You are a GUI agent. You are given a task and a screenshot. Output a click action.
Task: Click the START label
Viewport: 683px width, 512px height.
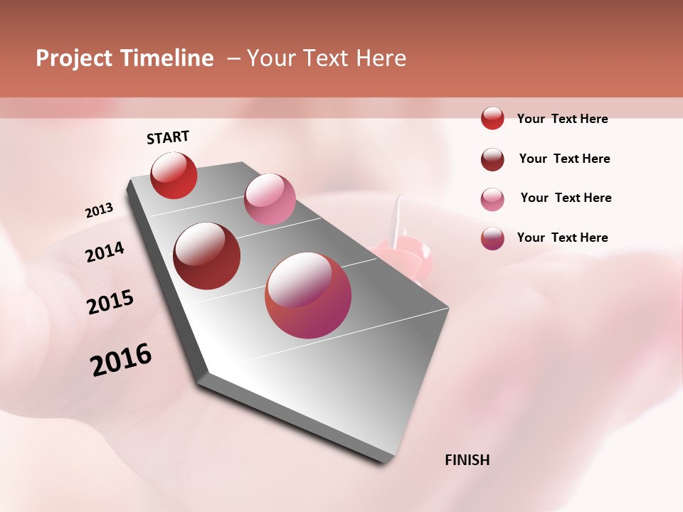(168, 137)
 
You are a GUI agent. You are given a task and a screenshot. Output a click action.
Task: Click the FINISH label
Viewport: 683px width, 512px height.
(467, 460)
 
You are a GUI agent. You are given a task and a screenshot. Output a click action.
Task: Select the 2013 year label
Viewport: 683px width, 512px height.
(100, 210)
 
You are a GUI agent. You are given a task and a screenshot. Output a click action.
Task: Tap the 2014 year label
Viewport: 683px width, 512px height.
(105, 252)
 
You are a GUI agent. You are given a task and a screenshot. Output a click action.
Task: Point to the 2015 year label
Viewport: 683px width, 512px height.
(110, 302)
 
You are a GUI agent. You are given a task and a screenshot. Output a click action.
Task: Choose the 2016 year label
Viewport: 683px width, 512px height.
(121, 360)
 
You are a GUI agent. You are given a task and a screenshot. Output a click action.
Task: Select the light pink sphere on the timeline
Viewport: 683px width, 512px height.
(270, 199)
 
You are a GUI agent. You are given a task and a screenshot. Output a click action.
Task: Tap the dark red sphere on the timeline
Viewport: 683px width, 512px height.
(207, 256)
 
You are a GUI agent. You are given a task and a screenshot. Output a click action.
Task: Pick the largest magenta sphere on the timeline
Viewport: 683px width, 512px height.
(308, 295)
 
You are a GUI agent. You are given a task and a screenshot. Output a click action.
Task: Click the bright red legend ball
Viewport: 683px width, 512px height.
(492, 118)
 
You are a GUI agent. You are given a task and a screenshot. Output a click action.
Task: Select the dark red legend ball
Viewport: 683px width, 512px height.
(492, 159)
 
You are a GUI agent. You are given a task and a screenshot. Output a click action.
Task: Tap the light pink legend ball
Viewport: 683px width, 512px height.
(492, 199)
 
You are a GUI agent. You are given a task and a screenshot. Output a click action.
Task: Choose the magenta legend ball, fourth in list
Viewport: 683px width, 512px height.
(492, 238)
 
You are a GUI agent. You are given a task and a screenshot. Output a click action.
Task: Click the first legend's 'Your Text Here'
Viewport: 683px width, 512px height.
(562, 119)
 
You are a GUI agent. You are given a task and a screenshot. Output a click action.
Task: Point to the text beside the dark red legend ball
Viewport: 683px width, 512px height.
(564, 159)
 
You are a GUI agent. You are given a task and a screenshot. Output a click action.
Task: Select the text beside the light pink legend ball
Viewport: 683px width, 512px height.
(566, 198)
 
